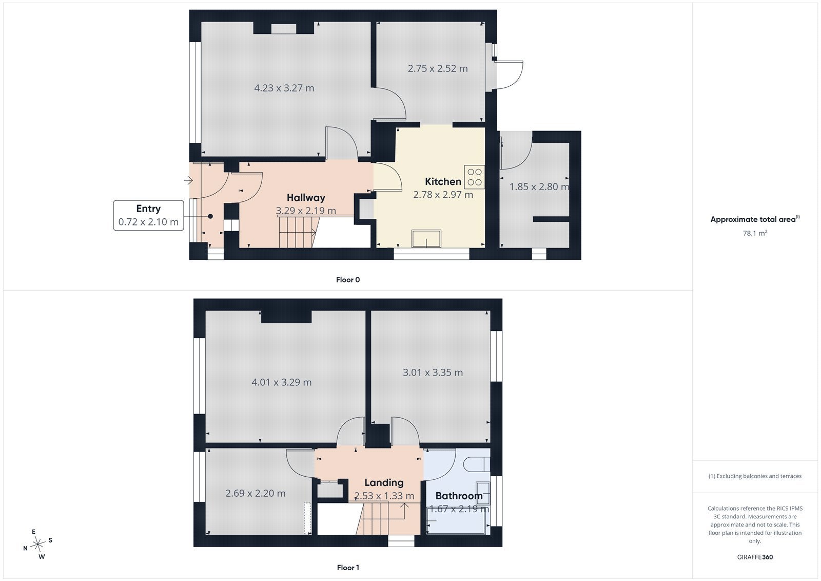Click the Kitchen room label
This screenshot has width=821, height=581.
coord(443,181)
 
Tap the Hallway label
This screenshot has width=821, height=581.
coord(306,197)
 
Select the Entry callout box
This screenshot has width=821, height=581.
coord(148,215)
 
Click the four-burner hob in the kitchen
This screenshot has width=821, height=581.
coord(475,177)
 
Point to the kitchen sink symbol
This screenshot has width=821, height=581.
coord(426,238)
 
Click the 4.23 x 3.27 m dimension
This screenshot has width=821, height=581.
coord(284,88)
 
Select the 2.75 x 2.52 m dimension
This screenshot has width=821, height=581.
coord(438,69)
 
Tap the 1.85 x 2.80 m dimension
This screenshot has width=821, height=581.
coord(539,187)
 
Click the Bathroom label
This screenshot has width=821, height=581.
coord(459,496)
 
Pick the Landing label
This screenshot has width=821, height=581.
coord(384,483)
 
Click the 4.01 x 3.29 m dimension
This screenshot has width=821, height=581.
coord(282,382)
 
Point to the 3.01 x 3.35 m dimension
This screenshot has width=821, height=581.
coord(433,372)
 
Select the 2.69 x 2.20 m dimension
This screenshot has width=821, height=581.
coord(256,493)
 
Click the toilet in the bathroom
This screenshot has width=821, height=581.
coord(477,464)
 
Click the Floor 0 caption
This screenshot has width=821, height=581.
coord(348,279)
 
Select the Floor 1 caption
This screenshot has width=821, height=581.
coord(348,568)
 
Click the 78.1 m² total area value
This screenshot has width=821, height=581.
coord(755,233)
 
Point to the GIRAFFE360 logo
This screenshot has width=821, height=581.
coord(755,557)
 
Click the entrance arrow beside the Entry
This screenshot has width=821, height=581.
coord(188,180)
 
